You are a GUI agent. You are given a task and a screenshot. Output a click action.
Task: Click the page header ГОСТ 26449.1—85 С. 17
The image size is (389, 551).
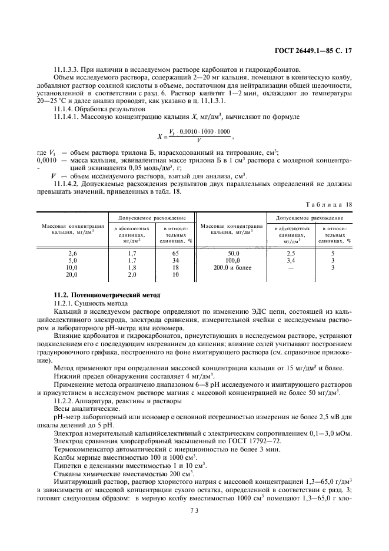[317, 51]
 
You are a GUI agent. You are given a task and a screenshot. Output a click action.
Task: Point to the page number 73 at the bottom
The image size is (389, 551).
[194, 511]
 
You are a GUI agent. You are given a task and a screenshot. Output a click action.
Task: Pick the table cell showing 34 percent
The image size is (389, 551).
[175, 260]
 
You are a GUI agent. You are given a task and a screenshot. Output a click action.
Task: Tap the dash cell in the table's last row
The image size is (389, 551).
[290, 267]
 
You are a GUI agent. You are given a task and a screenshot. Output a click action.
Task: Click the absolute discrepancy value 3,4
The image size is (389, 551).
[290, 260]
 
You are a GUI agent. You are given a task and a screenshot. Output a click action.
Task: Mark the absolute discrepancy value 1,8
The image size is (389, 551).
[132, 267]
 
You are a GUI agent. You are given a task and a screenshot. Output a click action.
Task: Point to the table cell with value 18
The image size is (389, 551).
[175, 267]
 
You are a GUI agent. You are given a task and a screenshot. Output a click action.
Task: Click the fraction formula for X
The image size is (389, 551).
[194, 136]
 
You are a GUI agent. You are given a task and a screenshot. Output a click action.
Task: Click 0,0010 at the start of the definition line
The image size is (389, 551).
[47, 160]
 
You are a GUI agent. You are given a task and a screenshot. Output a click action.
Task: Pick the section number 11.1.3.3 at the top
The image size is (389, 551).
[68, 69]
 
